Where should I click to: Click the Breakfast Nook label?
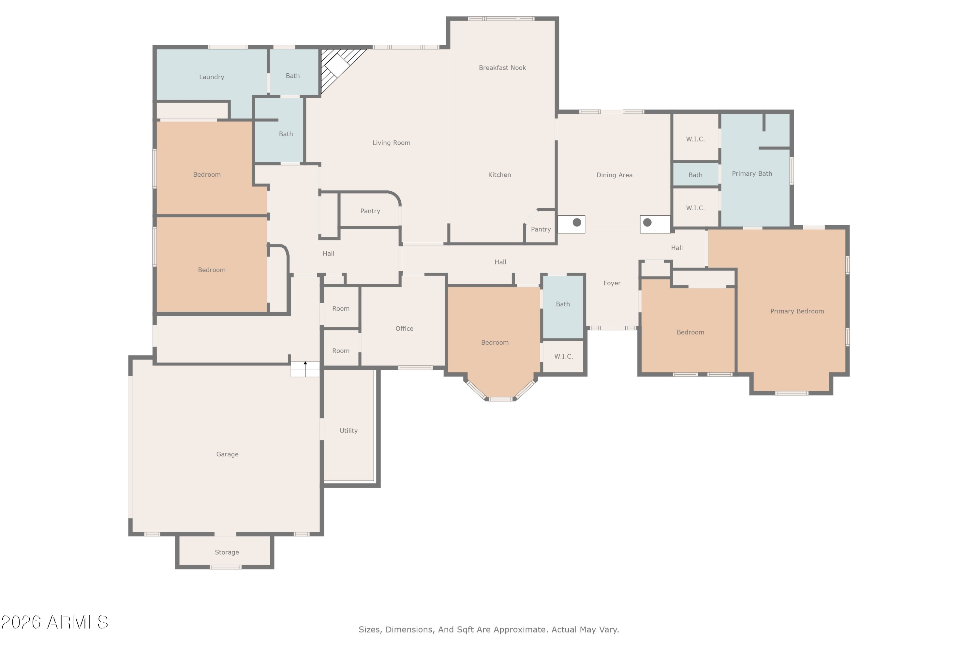tap(502, 68)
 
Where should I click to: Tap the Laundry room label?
tap(212, 77)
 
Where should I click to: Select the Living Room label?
tap(391, 143)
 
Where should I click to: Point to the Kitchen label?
tap(499, 175)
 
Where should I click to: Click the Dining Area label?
tap(614, 175)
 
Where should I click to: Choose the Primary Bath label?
tap(752, 174)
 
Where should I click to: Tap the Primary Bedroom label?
tap(797, 311)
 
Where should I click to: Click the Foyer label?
tap(612, 283)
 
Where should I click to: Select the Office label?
tap(404, 329)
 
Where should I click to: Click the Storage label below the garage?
tap(227, 552)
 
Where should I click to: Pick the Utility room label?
tap(348, 431)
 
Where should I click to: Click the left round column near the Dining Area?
tap(577, 222)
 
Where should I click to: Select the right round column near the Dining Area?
tap(647, 222)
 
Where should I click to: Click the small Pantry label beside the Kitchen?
tap(541, 230)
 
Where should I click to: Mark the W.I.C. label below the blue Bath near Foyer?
tap(563, 356)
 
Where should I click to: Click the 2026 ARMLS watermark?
tap(54, 622)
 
